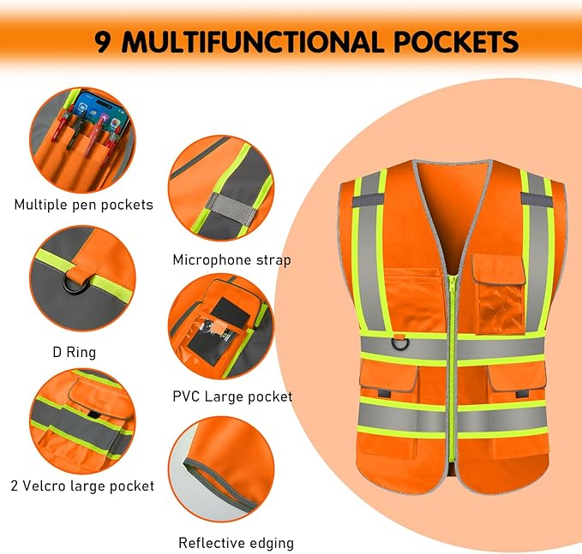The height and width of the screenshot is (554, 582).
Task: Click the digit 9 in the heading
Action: (103, 41)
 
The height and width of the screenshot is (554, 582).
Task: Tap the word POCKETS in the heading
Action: (456, 41)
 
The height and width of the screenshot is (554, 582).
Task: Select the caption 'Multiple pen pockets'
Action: (83, 205)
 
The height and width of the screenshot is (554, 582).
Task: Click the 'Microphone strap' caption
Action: (232, 260)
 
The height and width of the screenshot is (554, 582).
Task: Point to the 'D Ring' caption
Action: (75, 352)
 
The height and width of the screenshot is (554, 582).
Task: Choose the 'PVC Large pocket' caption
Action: (232, 396)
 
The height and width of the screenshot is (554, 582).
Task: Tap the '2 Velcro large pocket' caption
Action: (82, 485)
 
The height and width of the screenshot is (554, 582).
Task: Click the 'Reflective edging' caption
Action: (236, 543)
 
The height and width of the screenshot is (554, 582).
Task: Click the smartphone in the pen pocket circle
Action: (99, 111)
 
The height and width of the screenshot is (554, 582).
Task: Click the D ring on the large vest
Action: (400, 343)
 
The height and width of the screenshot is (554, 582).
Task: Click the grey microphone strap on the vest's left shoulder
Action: (369, 200)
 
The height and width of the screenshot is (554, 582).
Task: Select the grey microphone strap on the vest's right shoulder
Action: (537, 199)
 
